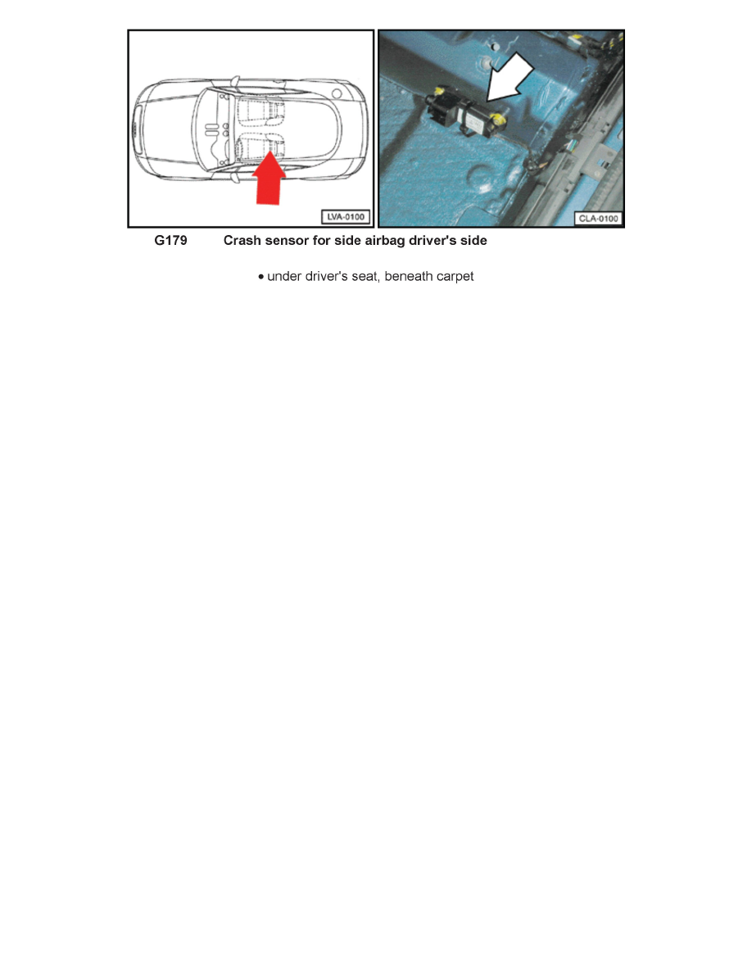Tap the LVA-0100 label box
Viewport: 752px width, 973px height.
345,217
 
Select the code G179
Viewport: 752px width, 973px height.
170,242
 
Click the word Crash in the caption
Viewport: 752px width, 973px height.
242,242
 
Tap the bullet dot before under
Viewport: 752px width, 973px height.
260,278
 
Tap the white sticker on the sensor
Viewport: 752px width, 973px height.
476,115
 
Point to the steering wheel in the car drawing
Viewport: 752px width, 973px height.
215,151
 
